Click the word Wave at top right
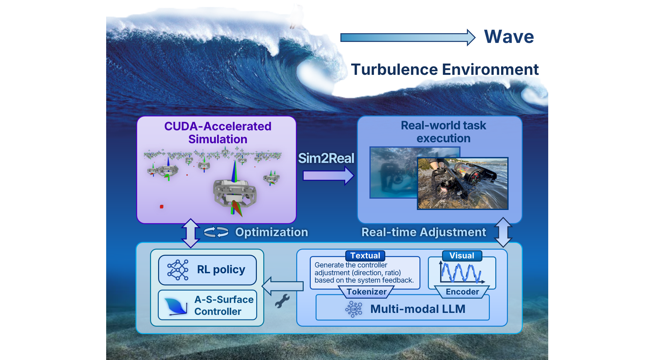point(509,36)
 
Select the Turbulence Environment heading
point(445,69)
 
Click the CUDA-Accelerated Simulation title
point(218,133)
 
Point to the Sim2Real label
point(326,158)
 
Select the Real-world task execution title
point(443,132)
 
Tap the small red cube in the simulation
point(162,206)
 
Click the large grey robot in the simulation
point(235,194)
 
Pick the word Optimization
point(271,232)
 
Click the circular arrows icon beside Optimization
point(216,232)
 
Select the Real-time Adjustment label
point(423,232)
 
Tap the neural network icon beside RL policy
point(177,270)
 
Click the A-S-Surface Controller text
point(224,305)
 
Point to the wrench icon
point(282,301)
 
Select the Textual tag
point(365,256)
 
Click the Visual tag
point(462,256)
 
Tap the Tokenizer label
point(366,292)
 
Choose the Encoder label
point(462,292)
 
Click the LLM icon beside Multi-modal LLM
point(354,309)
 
